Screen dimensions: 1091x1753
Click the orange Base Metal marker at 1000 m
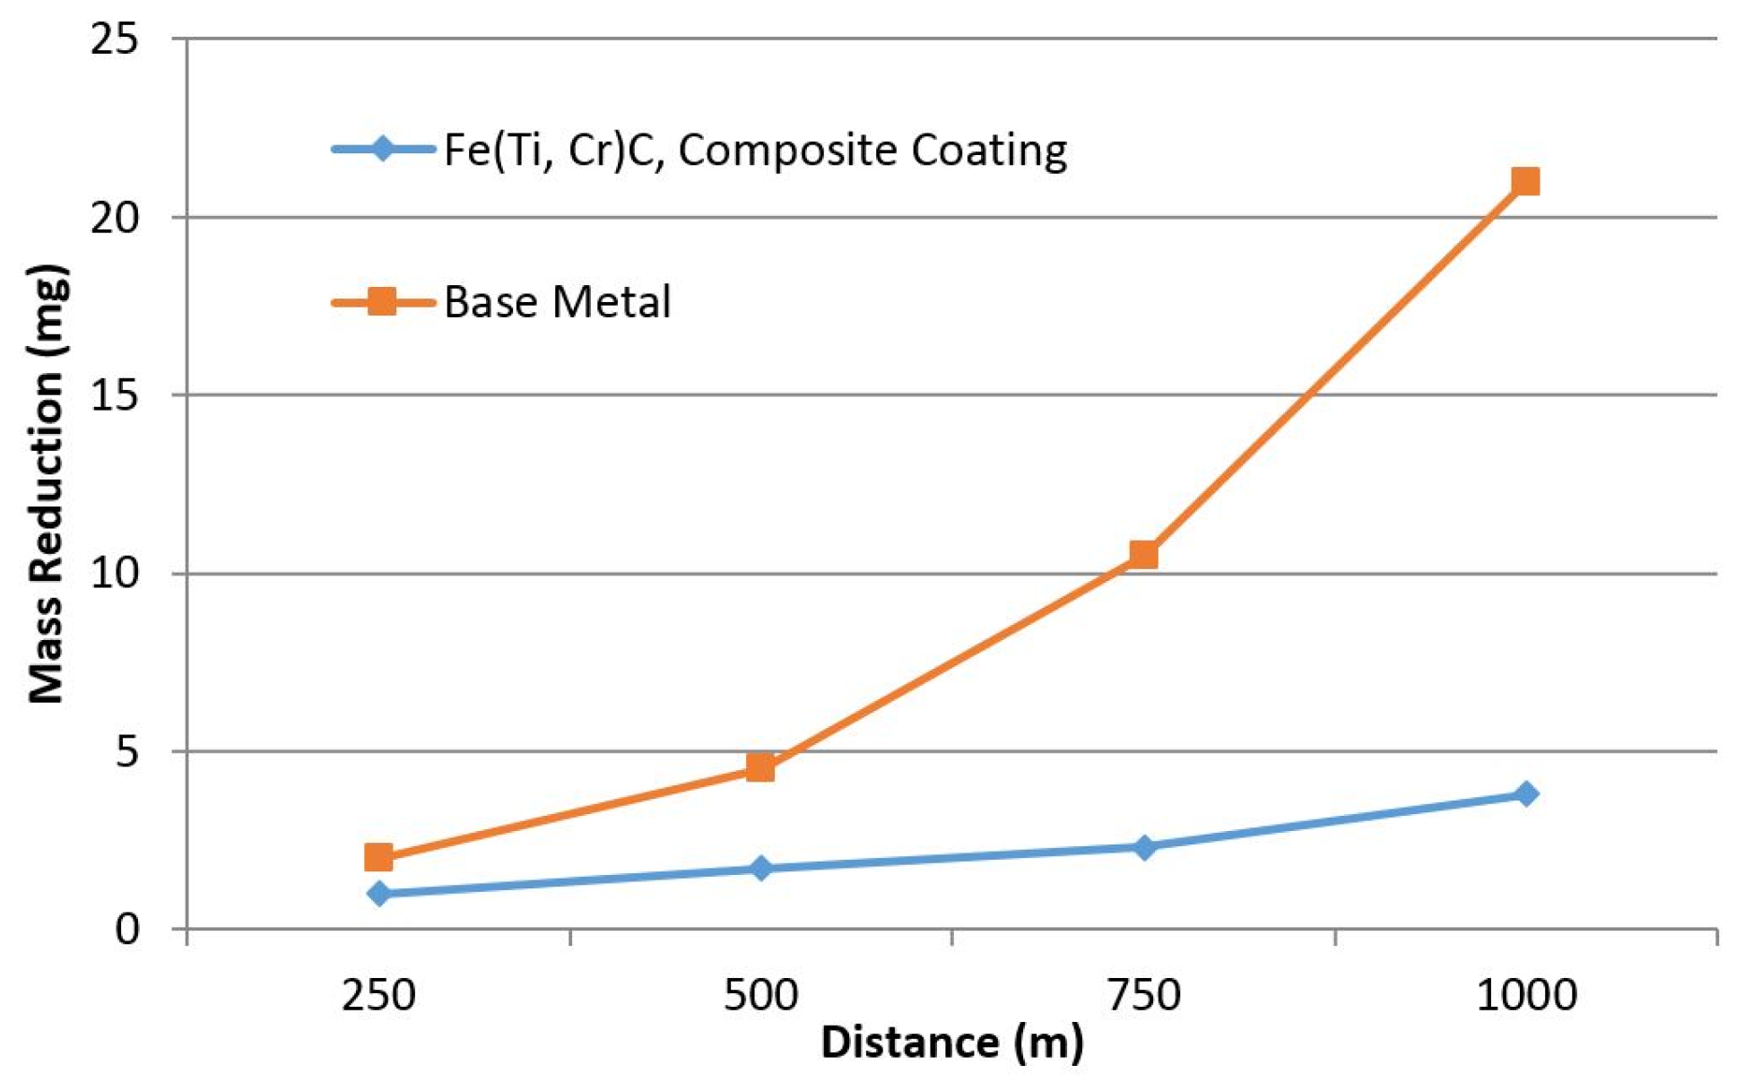(1525, 182)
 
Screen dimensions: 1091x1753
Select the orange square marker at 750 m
(1143, 555)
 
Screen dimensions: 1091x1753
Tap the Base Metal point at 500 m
(760, 767)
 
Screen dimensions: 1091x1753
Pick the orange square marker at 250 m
(378, 857)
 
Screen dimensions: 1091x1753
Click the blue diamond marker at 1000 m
(1525, 793)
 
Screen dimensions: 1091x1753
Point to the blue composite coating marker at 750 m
(1143, 846)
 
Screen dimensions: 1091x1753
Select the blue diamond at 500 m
(760, 868)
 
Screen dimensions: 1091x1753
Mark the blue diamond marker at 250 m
(378, 893)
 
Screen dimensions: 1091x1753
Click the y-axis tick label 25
(115, 39)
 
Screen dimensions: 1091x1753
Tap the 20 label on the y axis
(115, 218)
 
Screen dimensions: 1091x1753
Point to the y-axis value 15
(115, 395)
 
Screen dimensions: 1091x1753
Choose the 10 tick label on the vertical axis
(115, 573)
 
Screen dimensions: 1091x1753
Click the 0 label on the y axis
(126, 929)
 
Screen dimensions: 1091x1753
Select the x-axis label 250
(378, 996)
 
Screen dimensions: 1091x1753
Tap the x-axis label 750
(1143, 996)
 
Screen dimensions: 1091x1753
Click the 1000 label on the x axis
(1525, 996)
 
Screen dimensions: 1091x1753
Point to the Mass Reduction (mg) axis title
(47, 484)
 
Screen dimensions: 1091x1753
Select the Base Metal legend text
(557, 302)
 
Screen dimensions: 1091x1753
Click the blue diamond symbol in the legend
(383, 148)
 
